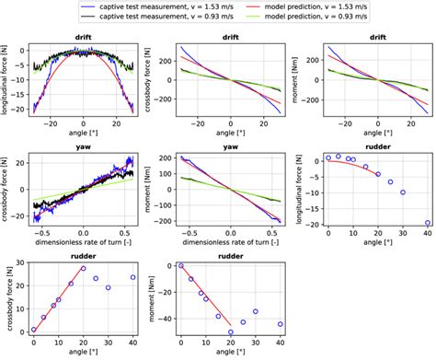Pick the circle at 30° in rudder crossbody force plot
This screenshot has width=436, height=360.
[108, 287]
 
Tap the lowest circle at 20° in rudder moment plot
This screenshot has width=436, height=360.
[230, 331]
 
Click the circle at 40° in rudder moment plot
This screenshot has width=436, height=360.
[280, 324]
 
